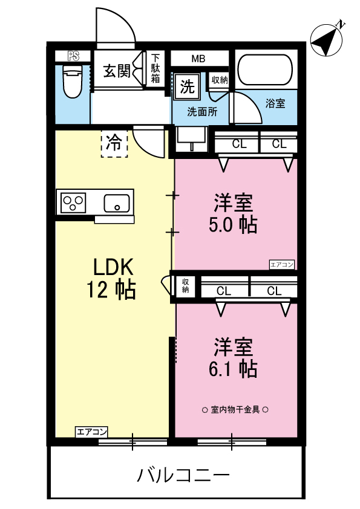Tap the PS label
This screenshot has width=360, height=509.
pyautogui.click(x=73, y=57)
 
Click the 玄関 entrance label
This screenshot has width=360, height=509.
pyautogui.click(x=117, y=71)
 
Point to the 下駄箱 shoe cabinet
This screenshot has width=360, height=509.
pyautogui.click(x=155, y=68)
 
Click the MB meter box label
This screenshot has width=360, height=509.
pyautogui.click(x=198, y=59)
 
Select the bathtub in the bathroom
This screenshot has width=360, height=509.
pyautogui.click(x=264, y=71)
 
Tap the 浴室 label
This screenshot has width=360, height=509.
pyautogui.click(x=275, y=103)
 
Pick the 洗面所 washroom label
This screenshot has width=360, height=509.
pyautogui.click(x=202, y=112)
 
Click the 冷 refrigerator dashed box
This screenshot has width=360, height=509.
pyautogui.click(x=114, y=143)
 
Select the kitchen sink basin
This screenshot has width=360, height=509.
pyautogui.click(x=117, y=202)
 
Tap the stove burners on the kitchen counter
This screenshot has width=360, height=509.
pyautogui.click(x=73, y=202)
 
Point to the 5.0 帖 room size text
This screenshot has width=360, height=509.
pyautogui.click(x=232, y=224)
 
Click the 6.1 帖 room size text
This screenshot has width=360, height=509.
pyautogui.click(x=232, y=367)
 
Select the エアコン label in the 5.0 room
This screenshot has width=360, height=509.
pyautogui.click(x=281, y=265)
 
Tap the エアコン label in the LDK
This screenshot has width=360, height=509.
pyautogui.click(x=92, y=432)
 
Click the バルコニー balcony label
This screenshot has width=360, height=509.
pyautogui.click(x=183, y=475)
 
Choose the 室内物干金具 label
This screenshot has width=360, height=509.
pyautogui.click(x=235, y=409)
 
